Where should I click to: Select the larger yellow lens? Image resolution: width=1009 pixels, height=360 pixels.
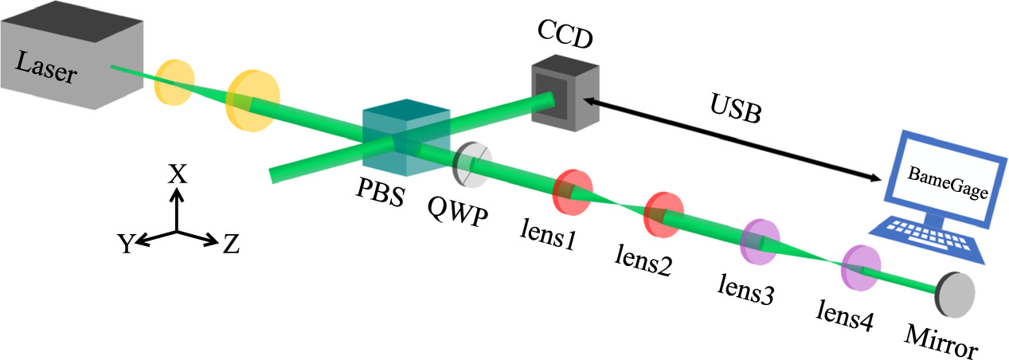tap(252, 100)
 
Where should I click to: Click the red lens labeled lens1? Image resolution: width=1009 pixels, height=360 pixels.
tap(572, 192)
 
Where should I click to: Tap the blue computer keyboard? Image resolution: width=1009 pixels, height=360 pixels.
tap(927, 239)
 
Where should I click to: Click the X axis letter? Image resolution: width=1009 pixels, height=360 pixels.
tap(177, 174)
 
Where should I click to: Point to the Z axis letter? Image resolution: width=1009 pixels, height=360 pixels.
tap(230, 245)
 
